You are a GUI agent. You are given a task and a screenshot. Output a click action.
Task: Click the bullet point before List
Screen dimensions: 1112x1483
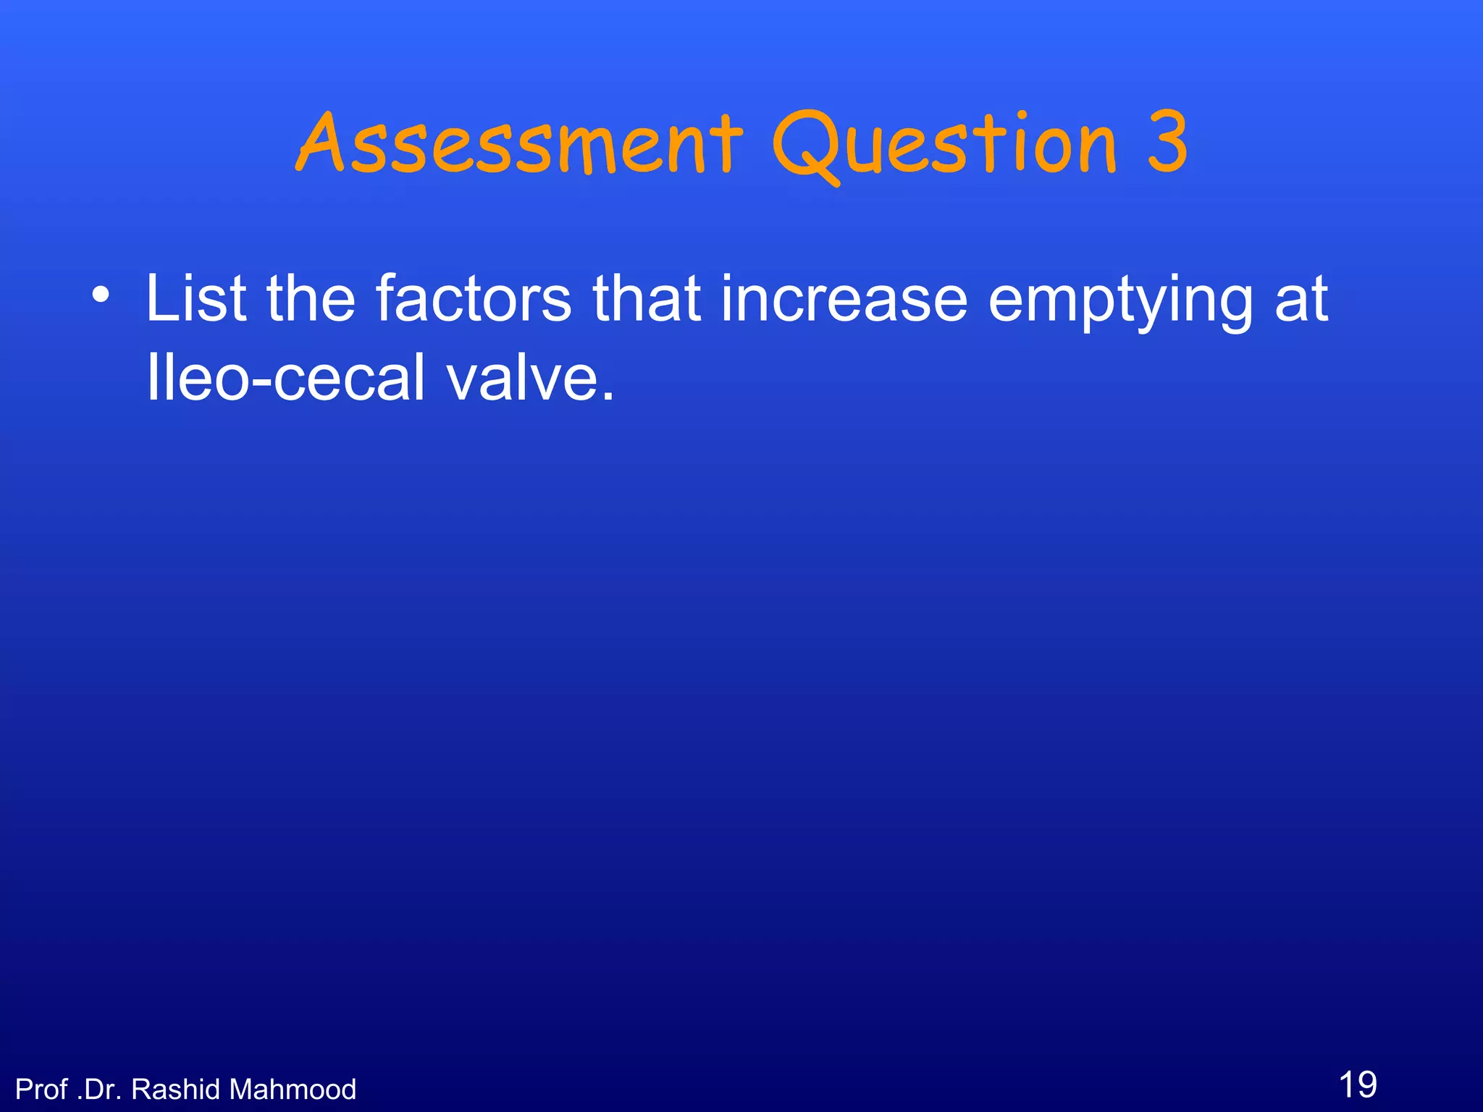point(101,296)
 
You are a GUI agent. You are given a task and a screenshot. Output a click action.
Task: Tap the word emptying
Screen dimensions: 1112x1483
point(1121,301)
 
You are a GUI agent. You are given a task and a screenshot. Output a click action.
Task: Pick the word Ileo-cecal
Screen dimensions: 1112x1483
point(285,377)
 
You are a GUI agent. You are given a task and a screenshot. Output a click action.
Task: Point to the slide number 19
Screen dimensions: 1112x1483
point(1358,1084)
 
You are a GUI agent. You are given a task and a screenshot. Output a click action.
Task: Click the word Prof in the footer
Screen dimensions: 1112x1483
point(41,1090)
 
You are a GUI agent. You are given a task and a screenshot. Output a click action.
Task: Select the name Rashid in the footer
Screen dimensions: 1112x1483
point(175,1090)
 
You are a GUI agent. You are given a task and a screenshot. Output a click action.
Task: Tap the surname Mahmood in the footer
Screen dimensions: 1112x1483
point(293,1090)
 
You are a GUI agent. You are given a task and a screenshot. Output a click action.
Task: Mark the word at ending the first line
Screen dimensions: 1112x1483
point(1301,300)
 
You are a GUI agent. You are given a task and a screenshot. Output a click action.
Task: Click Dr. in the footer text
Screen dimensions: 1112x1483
point(99,1090)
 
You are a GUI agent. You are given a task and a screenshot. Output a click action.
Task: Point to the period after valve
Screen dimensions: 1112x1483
point(608,397)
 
